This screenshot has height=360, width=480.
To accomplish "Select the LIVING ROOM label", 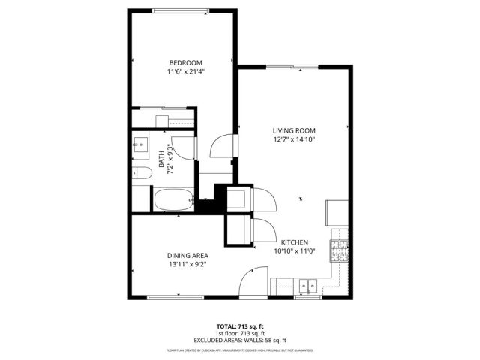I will pos(293,130).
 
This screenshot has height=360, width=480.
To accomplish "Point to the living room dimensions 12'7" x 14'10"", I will pos(293,140).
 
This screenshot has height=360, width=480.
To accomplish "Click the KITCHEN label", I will pos(295,242).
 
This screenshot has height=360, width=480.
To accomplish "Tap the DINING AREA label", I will pos(187,255).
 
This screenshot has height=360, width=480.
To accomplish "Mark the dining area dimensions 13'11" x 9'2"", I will pos(187,265).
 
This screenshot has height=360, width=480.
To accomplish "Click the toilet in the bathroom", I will pos(142,173).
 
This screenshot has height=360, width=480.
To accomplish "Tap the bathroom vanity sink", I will pos(141,146).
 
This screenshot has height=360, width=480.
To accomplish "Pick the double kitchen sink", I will pos(307,285).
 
